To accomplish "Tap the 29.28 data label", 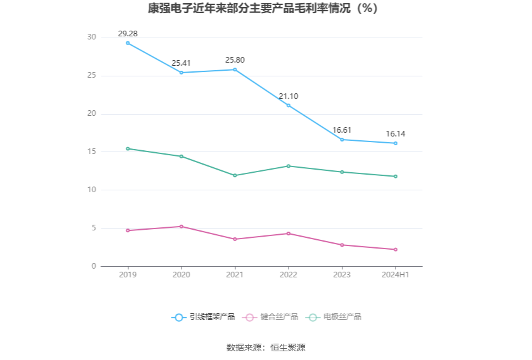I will (x=128, y=33).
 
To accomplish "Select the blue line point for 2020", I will (x=182, y=73).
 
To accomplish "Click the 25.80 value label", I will (x=235, y=60).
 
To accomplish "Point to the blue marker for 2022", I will (x=289, y=105).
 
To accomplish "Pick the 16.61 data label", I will (x=342, y=130).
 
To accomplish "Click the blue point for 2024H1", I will (x=396, y=143).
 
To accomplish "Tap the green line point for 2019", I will (x=128, y=148).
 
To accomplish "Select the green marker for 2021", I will (x=235, y=175).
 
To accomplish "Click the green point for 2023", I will (x=342, y=172).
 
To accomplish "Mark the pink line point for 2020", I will (x=182, y=226).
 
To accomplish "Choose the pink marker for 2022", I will (x=289, y=234).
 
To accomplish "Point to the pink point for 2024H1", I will (x=396, y=249).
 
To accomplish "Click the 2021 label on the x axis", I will (x=235, y=275).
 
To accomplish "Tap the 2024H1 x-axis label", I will (x=396, y=275).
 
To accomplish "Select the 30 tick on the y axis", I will (x=92, y=38).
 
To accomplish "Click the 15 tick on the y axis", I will (x=92, y=152).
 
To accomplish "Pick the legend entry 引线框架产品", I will (x=204, y=317).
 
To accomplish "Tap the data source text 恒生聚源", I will (x=288, y=347).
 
